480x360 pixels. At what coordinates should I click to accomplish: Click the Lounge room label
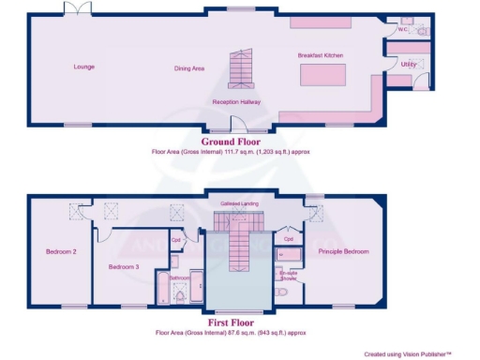(x=85, y=67)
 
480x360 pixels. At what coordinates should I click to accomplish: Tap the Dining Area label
(x=189, y=68)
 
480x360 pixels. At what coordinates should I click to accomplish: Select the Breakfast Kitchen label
(x=321, y=55)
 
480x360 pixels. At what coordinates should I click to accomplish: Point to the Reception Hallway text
(x=236, y=101)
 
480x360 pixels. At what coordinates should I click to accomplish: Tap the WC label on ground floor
(x=404, y=28)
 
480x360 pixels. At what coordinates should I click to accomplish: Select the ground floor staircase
(x=243, y=67)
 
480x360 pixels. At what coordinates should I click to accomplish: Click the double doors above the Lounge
(x=78, y=8)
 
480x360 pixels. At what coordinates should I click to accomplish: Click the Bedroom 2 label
(x=61, y=251)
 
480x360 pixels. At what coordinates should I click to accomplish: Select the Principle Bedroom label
(x=343, y=251)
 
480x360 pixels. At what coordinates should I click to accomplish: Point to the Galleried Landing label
(x=240, y=202)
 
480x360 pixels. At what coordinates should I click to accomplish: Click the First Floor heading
(x=230, y=323)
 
